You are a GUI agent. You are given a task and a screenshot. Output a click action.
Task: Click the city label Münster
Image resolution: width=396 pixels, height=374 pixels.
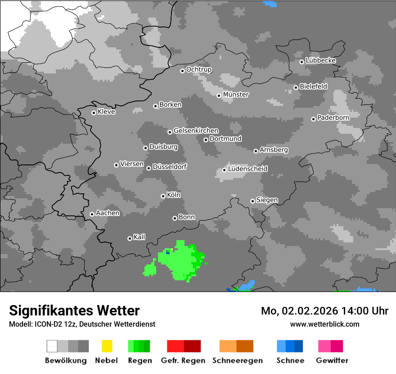point(236,95)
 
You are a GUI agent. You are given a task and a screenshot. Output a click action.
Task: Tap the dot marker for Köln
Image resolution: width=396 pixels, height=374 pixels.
point(163,196)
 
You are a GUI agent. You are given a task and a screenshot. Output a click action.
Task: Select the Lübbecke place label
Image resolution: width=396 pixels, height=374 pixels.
point(320,60)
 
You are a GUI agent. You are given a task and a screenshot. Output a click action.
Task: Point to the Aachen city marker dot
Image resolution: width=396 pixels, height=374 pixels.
point(92,214)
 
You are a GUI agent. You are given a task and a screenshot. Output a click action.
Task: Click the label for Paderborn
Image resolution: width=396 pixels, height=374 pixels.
point(333,118)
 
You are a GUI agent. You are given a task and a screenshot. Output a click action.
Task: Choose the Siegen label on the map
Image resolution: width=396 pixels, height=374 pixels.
point(267,200)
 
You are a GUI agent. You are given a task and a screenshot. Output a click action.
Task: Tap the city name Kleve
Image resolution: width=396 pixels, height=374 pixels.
point(106,112)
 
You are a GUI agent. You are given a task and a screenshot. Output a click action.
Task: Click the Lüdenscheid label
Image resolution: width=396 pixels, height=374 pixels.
point(247,169)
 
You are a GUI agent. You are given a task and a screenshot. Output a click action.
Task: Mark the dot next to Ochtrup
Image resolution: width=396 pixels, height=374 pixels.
point(182,70)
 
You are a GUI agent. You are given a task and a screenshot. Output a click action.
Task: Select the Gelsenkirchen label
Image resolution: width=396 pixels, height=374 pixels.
point(196,131)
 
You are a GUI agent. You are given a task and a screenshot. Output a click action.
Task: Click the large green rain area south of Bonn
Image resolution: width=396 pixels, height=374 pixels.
point(182,261)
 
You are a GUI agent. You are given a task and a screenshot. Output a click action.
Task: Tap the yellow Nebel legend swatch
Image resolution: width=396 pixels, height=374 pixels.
point(107,346)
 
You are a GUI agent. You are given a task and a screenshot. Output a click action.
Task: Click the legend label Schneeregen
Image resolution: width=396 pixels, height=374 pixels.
point(237,360)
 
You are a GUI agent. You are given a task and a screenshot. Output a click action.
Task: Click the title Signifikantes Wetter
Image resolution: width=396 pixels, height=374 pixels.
point(74,310)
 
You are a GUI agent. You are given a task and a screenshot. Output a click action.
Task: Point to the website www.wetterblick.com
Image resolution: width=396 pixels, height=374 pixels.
point(324,324)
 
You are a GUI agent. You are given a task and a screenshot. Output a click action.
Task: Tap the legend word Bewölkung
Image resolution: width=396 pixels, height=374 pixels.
point(66,360)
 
